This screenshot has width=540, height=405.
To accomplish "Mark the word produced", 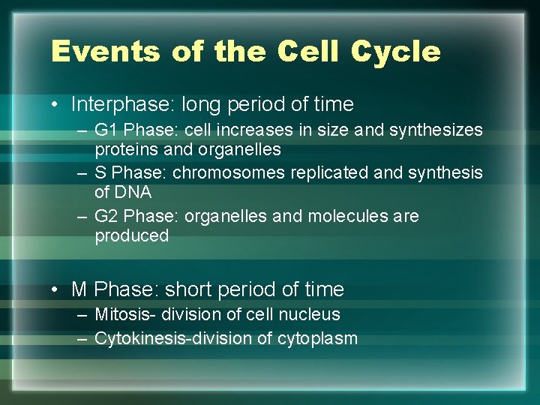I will pos(132,236).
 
